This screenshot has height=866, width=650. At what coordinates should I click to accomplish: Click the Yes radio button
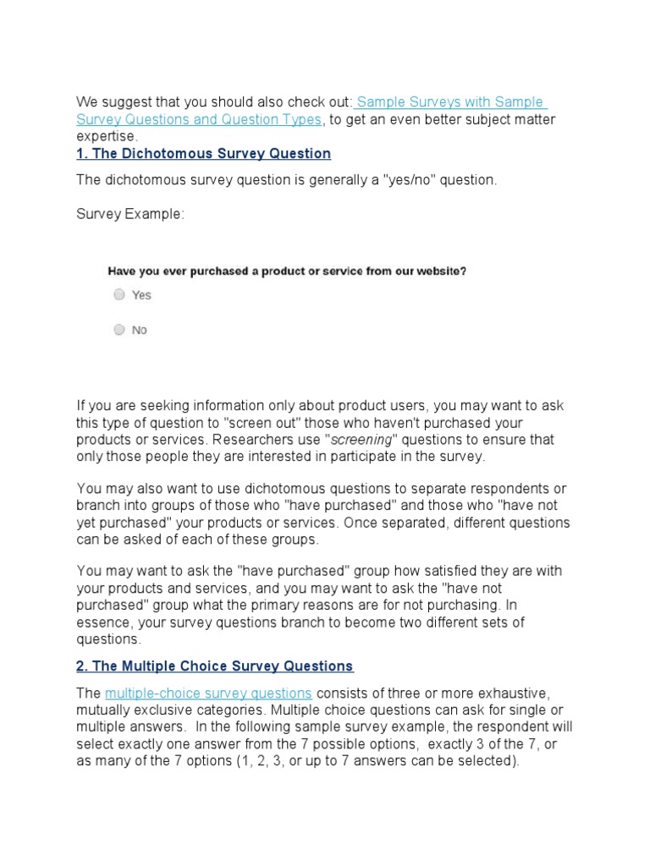pos(119,295)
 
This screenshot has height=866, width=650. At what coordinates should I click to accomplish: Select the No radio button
pos(119,330)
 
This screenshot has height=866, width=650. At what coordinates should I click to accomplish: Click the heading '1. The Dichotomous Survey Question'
pos(203,153)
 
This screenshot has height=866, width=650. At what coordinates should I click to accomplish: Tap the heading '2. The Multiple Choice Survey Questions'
pos(215,666)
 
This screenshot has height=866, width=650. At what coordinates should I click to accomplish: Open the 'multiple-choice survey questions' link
pos(208,693)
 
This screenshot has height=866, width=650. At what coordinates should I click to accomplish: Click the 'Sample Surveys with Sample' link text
pos(450,102)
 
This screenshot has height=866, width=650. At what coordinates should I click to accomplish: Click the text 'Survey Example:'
pos(129,214)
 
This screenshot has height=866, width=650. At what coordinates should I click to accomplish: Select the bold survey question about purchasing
pos(287,271)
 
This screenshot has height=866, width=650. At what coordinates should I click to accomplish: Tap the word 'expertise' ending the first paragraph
pos(106,136)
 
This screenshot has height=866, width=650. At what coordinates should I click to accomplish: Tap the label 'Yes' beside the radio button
pos(141,295)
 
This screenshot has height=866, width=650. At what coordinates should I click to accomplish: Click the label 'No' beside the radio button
pos(140,330)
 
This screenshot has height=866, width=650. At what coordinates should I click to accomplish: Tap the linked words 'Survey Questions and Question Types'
pos(199,119)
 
